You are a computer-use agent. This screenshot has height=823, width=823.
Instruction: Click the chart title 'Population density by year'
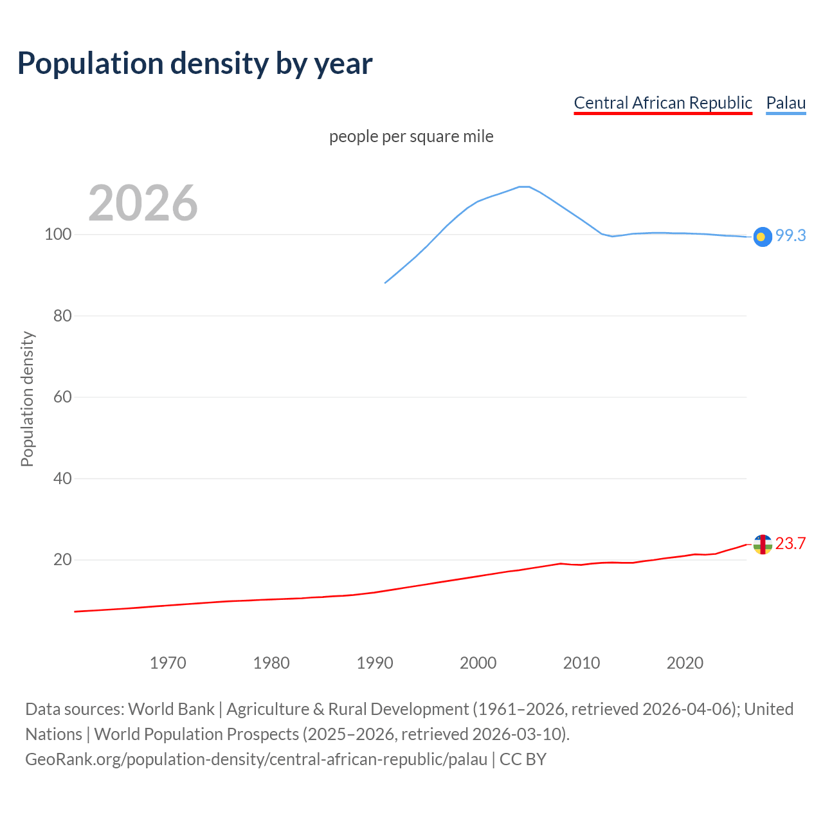pos(195,63)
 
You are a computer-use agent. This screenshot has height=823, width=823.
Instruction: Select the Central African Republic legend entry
pos(663,103)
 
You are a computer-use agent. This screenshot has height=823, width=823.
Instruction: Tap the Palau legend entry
pos(786,103)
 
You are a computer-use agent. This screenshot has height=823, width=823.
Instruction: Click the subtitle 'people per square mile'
pos(411,137)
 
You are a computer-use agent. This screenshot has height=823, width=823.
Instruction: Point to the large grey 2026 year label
pos(143,203)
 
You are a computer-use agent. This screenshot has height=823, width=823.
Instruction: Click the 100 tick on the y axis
pos(57,235)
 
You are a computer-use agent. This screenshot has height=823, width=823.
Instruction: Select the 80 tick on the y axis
pos(62,316)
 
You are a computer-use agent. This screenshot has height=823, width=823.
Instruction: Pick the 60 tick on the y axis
pos(62,397)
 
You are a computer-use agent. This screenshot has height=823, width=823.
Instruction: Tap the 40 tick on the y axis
pos(62,478)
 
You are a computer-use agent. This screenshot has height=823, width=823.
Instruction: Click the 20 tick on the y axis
pos(62,560)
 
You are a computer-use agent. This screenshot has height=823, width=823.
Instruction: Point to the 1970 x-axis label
pos(168,663)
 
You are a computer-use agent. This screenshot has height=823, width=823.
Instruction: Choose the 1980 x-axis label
pos(271,663)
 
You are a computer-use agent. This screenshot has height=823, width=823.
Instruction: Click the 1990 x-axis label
pos(375,663)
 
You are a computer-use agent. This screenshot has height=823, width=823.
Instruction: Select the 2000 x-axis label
pos(478,663)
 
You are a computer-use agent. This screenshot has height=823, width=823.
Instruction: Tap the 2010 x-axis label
pos(582,663)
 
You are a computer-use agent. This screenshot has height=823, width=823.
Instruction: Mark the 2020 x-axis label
pos(685,663)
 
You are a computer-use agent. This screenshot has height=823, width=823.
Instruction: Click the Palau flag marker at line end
pos(762,237)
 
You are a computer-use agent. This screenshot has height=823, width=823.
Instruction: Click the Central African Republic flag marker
pos(762,545)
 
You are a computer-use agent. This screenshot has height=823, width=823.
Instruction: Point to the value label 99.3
pos(790,236)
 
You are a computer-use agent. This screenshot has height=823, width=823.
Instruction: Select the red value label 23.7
pos(790,544)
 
